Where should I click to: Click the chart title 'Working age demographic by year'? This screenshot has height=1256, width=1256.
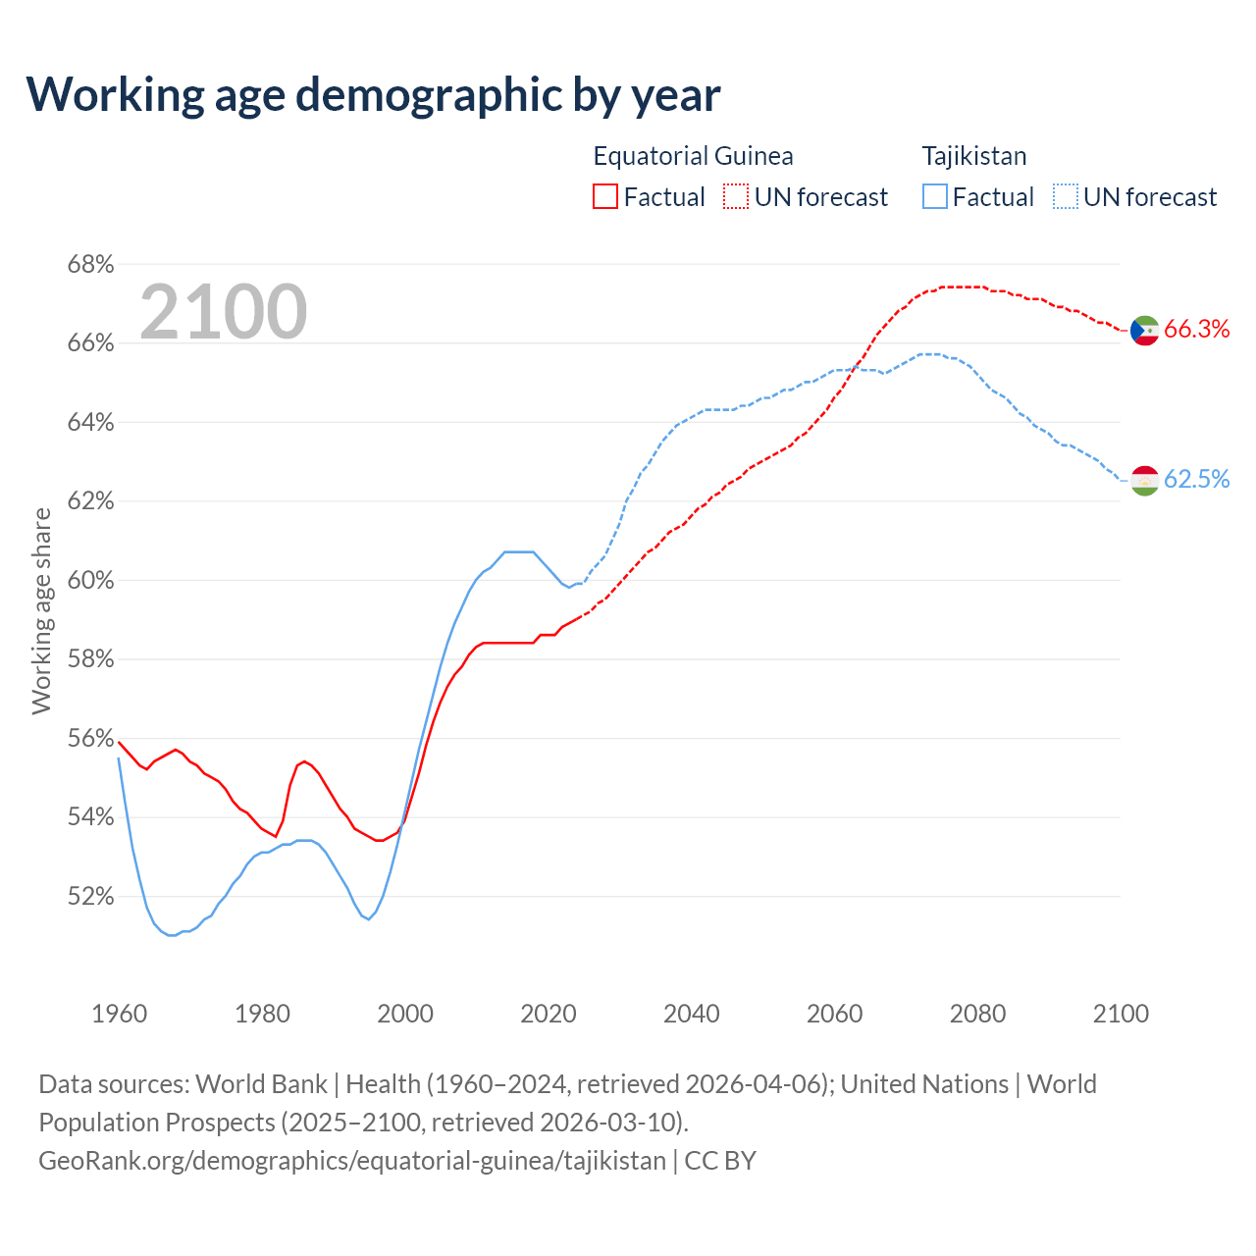coord(373,94)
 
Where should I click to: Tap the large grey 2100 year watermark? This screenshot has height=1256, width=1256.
coord(224,312)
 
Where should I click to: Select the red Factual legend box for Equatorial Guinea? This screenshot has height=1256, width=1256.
coord(605,197)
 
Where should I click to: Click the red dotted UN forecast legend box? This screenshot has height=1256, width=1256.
coord(736,197)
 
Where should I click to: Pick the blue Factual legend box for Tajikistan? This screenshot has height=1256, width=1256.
coord(935,197)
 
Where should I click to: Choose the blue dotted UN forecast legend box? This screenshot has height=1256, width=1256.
coord(1065,197)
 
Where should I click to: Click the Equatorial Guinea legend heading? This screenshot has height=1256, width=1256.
coord(693,156)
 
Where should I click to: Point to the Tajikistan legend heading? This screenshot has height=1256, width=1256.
coord(973,156)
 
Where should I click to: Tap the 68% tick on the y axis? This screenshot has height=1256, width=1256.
coord(90,265)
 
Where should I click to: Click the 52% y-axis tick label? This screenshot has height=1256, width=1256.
coord(90,896)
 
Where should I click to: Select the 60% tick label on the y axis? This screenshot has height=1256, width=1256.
coord(90,580)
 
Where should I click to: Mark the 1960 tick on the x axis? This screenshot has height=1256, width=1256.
coord(119,1014)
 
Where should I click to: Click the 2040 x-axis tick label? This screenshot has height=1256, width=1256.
coord(691,1014)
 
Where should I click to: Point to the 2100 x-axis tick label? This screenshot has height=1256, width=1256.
coord(1120,1014)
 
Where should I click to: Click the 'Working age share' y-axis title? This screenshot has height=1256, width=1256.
coord(41,610)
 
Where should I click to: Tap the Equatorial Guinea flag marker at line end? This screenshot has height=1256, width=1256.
coord(1145,330)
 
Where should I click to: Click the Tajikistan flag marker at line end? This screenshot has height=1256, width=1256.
coord(1145,480)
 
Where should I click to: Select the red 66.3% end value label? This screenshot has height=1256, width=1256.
coord(1196,330)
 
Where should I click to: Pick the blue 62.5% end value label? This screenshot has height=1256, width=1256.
coord(1196,480)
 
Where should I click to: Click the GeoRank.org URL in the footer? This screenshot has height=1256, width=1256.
coord(352,1161)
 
